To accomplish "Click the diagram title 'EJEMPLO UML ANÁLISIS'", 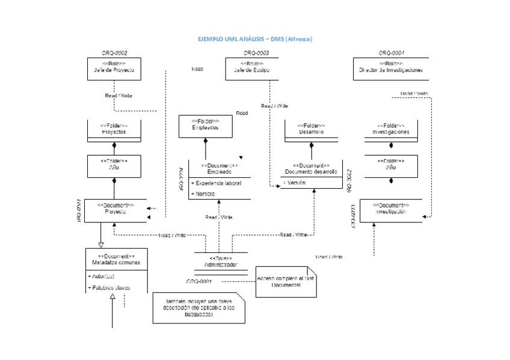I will click(256, 39).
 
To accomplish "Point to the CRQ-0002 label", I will click(114, 53).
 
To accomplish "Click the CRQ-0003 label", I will click(256, 53).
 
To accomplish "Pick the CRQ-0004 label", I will click(392, 53).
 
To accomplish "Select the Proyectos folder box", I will click(114, 129).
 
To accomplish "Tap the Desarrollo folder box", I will click(312, 129).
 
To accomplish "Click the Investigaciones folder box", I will click(391, 129).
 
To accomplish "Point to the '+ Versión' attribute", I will click(295, 183).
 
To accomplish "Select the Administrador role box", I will click(221, 262).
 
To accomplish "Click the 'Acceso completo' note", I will click(286, 282).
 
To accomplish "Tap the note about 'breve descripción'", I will click(198, 309).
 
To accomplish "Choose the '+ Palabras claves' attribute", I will click(109, 288).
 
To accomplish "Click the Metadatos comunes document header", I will click(116, 259).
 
